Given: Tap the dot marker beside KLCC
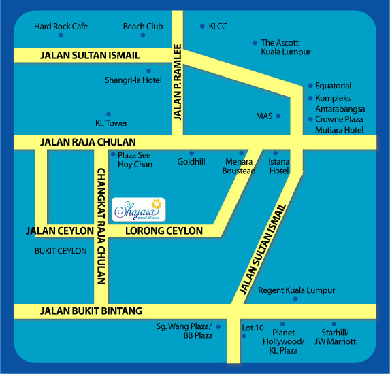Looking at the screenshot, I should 202,27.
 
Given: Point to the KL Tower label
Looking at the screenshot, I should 112,123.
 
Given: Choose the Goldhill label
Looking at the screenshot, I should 191,163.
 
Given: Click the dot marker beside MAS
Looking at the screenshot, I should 279,116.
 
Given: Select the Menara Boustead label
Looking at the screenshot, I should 239,167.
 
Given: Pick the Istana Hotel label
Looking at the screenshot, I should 279,167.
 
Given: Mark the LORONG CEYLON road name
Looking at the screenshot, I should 165,231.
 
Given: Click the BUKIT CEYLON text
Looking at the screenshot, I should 61,251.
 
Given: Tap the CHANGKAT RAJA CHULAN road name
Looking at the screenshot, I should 101,225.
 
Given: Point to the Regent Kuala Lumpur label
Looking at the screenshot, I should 297,290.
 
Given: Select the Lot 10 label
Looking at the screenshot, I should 253,328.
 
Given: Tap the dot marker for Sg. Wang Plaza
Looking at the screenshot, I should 219,327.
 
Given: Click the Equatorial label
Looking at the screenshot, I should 334,86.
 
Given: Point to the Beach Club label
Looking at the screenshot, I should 143,27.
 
